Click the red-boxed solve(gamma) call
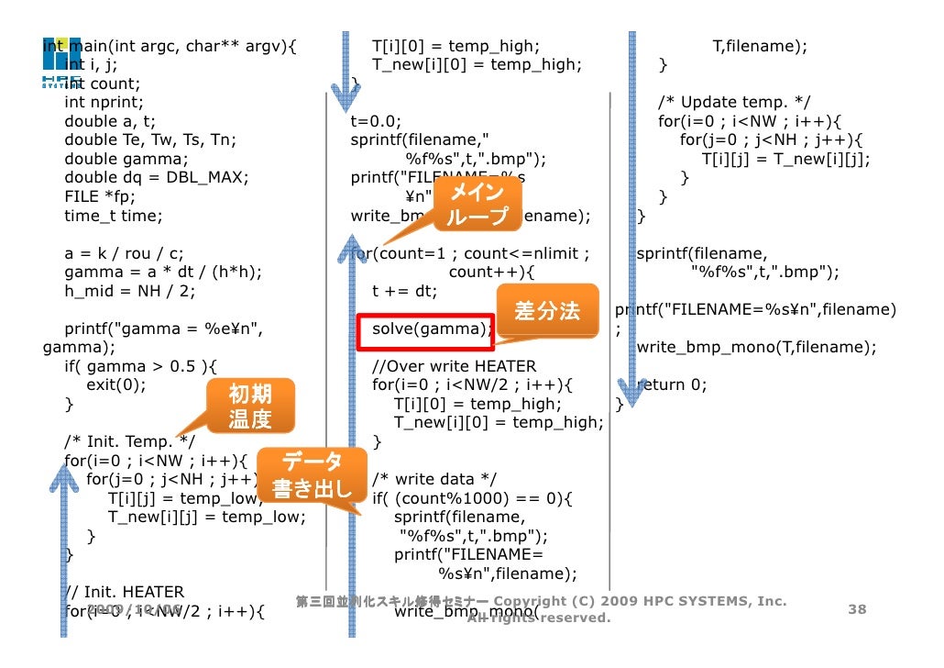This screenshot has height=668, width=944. pos(424,328)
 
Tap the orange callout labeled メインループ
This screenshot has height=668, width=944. pos(475,204)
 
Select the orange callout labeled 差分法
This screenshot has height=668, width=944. pos(547,311)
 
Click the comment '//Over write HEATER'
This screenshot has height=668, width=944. pos(454,366)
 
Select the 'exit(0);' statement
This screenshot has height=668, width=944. pos(115,384)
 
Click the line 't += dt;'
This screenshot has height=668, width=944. pos(404,291)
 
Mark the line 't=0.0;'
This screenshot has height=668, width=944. pos(376,120)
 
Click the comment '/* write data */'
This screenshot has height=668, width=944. pos(434,479)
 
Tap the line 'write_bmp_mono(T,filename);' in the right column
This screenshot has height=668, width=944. pos(756,347)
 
